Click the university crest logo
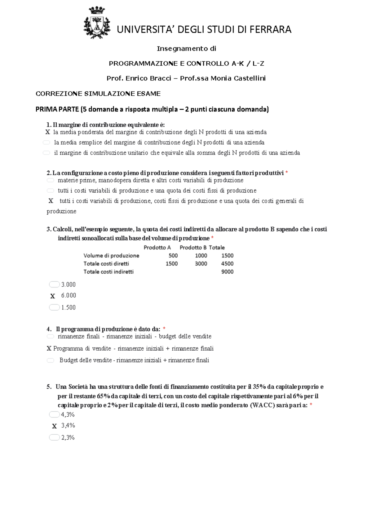(97, 23)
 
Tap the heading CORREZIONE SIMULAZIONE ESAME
(98, 94)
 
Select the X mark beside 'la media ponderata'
(48, 132)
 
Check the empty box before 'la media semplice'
(46, 142)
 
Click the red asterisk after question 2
(287, 173)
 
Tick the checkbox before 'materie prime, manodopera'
(50, 180)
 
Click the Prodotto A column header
(157, 248)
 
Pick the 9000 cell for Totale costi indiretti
(227, 272)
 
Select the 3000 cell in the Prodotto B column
(201, 264)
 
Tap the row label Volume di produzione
(111, 256)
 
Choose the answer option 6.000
(69, 296)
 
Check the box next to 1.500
(54, 307)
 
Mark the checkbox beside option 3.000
(54, 284)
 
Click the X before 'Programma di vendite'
(49, 348)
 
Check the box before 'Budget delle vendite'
(51, 360)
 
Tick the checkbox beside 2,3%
(54, 437)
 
